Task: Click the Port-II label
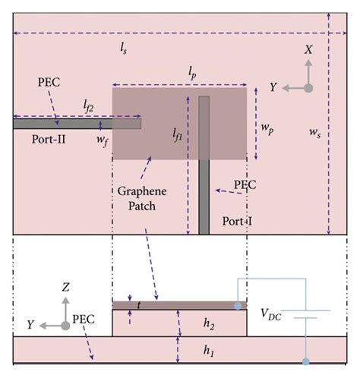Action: pyautogui.click(x=50, y=140)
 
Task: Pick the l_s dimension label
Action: pyautogui.click(x=124, y=47)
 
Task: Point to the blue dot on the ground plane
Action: pyautogui.click(x=305, y=362)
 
